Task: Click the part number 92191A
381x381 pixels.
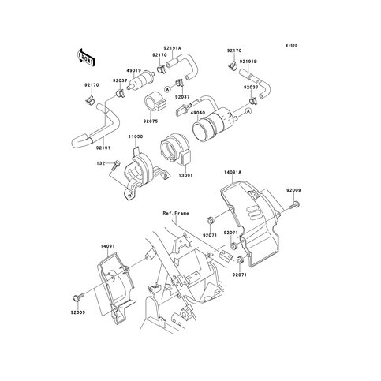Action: coord(171,48)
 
